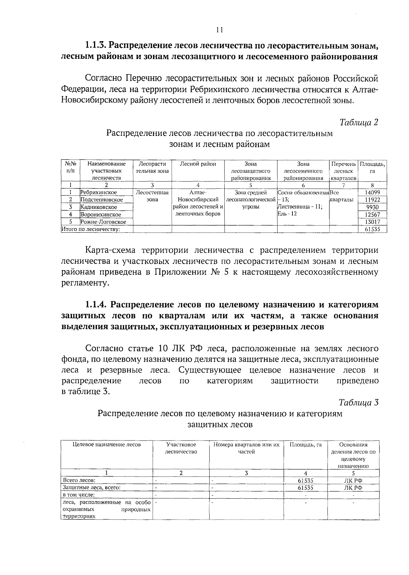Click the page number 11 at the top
pos(219,30)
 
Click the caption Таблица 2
pos(359,122)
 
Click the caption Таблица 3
pos(359,402)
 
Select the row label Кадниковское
pos(99,207)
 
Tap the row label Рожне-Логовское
pos(103,222)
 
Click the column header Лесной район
pos(198,164)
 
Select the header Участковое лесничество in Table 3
pos(181,448)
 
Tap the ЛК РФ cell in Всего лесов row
pos(353,481)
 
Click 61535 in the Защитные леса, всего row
pos(305,488)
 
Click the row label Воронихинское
pos(101,215)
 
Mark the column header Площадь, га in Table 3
pos(305,445)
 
